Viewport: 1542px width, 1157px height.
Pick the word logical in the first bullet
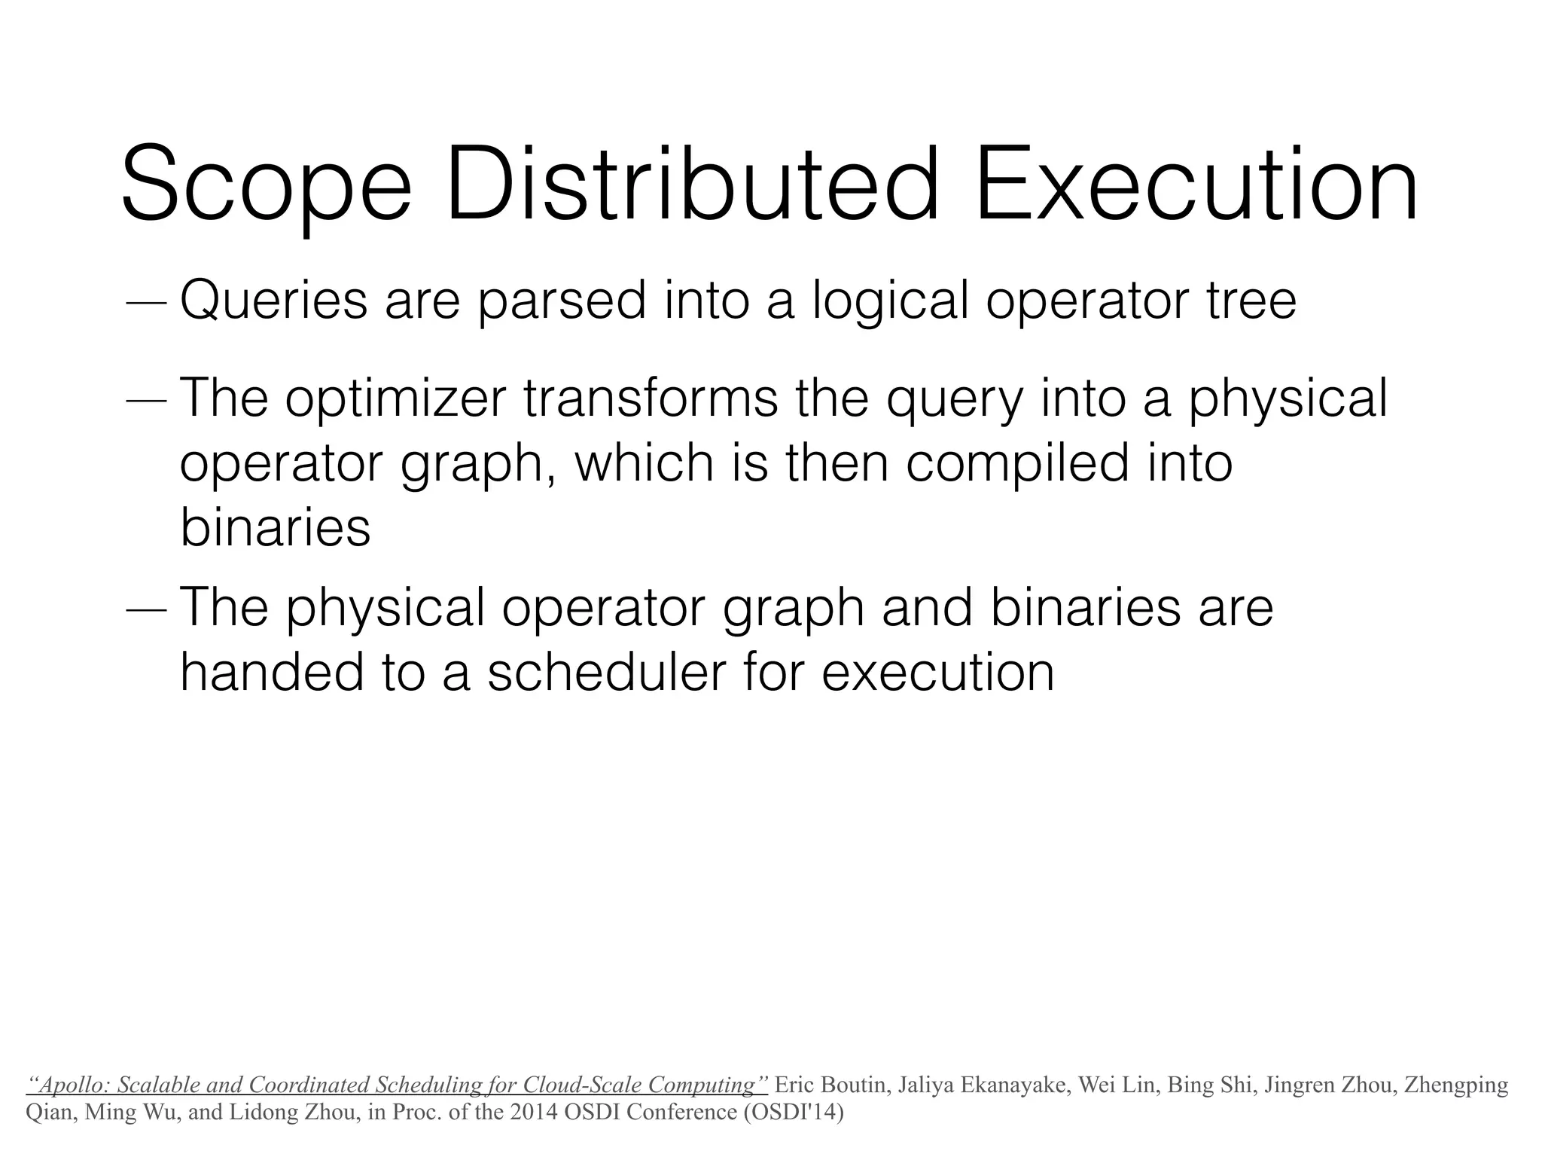coord(890,301)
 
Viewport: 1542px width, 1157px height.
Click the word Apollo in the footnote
coord(72,1085)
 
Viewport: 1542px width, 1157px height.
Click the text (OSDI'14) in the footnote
coord(794,1112)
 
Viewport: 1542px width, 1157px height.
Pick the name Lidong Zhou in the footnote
coord(300,1112)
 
